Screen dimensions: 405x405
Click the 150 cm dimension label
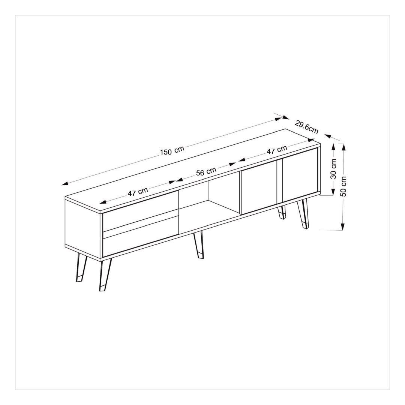(172, 151)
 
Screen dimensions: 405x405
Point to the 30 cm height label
(334, 169)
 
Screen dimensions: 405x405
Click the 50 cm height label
(344, 186)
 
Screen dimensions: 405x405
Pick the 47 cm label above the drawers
(138, 192)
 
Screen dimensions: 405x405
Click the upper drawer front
(141, 210)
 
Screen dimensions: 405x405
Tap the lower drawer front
(141, 233)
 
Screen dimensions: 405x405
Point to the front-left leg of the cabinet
(105, 274)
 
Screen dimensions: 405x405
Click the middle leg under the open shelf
(198, 244)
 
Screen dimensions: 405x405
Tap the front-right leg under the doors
(303, 214)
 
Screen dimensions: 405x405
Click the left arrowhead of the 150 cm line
(64, 184)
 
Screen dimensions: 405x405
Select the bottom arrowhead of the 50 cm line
(343, 226)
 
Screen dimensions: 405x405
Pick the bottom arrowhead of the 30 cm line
(333, 192)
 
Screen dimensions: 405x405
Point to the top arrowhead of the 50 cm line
(343, 147)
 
